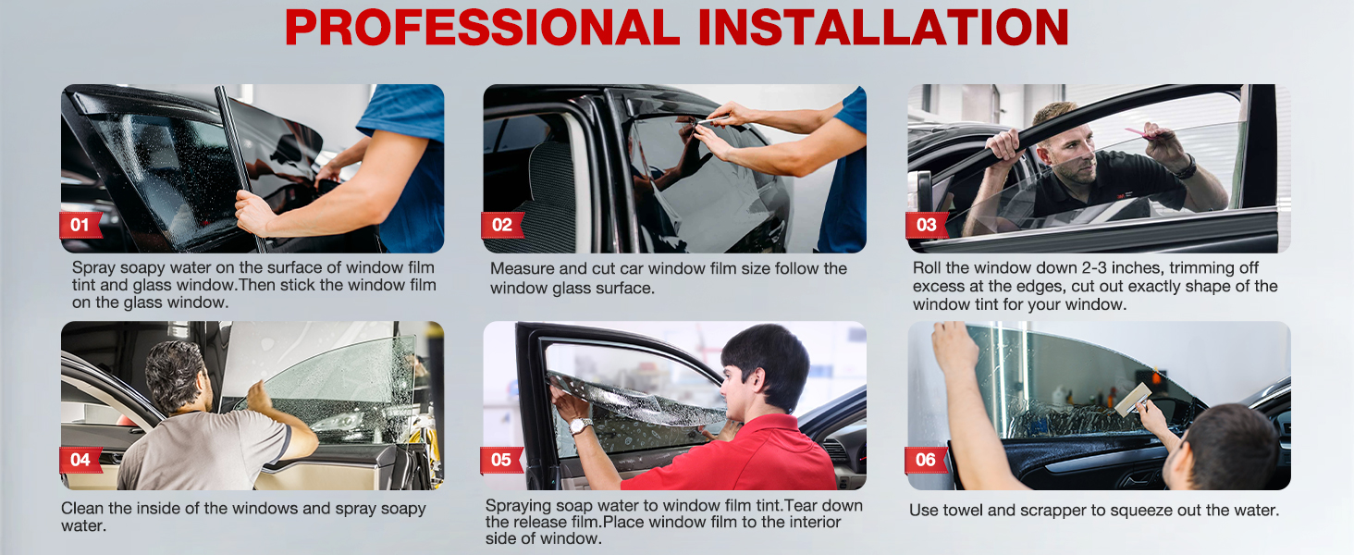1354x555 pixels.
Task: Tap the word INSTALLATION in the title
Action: pos(882,28)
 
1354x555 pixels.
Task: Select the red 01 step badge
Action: pos(80,225)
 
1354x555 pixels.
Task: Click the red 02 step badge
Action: pos(502,225)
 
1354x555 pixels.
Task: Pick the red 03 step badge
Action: pos(926,225)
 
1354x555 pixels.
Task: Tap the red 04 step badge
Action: pos(80,460)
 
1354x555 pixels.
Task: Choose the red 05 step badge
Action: pos(501,460)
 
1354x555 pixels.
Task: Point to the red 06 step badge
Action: pos(926,460)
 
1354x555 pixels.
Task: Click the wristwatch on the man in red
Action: pos(581,425)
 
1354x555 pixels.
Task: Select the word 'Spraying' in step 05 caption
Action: pos(518,505)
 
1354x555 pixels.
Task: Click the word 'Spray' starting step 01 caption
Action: pos(93,267)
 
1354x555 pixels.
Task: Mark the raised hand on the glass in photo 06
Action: pos(954,347)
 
